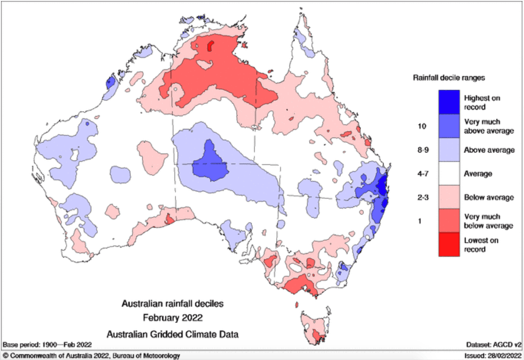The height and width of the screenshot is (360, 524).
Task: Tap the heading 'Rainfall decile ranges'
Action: [452, 77]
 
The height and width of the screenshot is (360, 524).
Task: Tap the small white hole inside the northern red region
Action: [175, 89]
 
